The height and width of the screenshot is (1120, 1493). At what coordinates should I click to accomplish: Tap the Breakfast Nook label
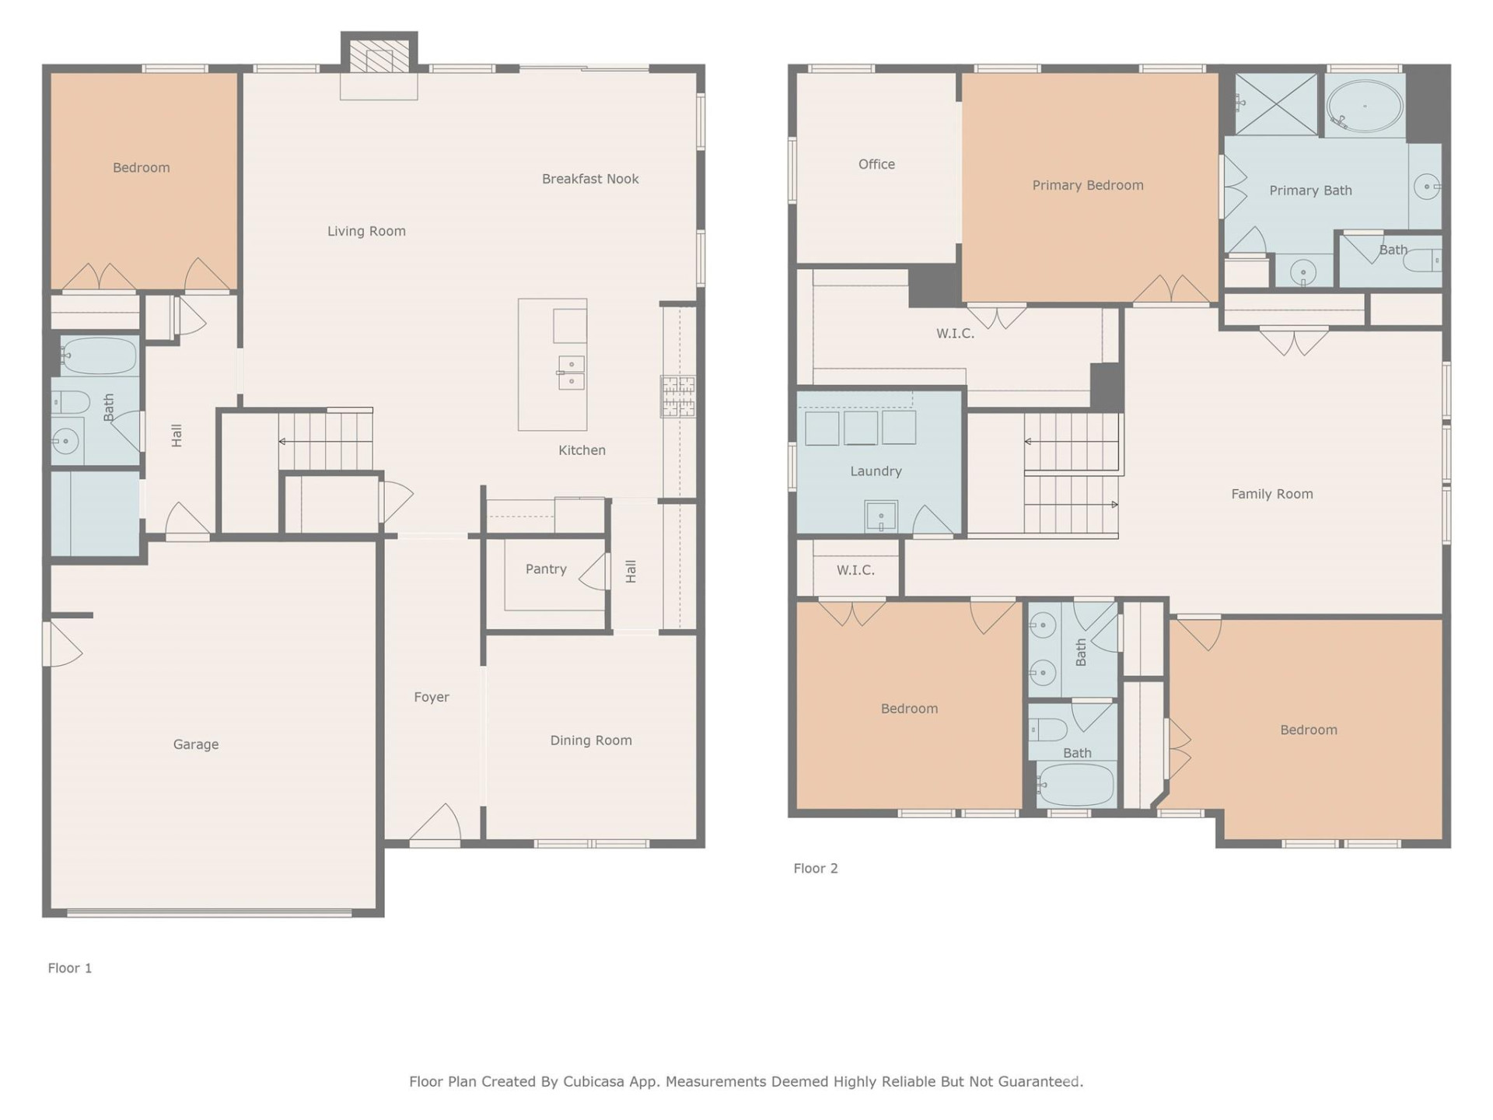click(590, 179)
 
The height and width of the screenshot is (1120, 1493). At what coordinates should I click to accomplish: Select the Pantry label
click(546, 569)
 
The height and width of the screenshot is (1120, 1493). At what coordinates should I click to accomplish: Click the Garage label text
click(196, 744)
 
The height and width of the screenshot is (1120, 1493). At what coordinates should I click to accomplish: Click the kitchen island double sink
click(571, 373)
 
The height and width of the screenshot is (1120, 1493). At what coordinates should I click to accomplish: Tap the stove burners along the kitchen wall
click(677, 396)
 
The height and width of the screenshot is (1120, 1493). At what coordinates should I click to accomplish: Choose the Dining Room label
click(591, 740)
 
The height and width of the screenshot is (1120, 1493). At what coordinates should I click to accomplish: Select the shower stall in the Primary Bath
click(1276, 104)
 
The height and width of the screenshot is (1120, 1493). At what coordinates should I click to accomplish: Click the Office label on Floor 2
click(876, 164)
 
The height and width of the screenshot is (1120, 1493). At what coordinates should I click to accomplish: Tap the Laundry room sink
click(881, 516)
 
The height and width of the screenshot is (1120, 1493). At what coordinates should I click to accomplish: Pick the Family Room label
click(1271, 494)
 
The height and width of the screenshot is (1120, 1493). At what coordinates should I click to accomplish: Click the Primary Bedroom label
click(1087, 185)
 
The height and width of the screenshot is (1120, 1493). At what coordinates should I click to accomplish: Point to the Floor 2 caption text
click(815, 868)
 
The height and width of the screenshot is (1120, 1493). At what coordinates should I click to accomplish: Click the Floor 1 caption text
click(70, 968)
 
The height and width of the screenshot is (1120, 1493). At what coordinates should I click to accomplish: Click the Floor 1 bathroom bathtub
click(99, 357)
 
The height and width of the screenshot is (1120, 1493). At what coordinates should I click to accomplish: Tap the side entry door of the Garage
click(62, 644)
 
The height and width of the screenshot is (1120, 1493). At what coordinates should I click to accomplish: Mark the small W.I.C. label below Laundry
click(855, 570)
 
